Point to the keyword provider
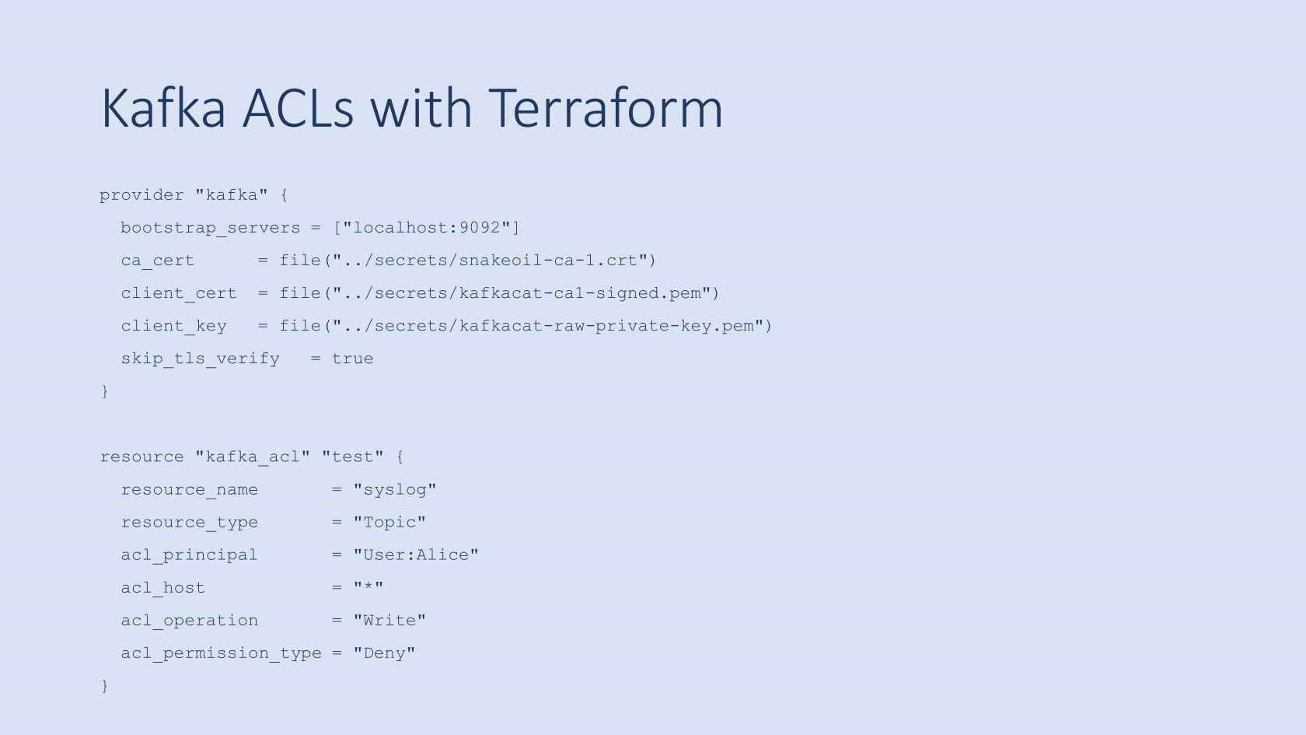click(141, 194)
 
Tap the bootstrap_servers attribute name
click(210, 228)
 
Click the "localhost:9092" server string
click(427, 228)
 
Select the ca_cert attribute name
click(157, 261)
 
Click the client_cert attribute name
click(178, 293)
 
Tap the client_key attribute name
click(173, 326)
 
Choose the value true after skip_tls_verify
click(352, 359)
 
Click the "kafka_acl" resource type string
click(252, 457)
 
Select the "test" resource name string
click(352, 457)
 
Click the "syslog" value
click(394, 489)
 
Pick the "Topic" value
click(389, 522)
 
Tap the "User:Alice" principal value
click(415, 555)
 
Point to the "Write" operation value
click(389, 620)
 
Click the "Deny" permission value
click(384, 653)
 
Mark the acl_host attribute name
click(162, 588)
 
